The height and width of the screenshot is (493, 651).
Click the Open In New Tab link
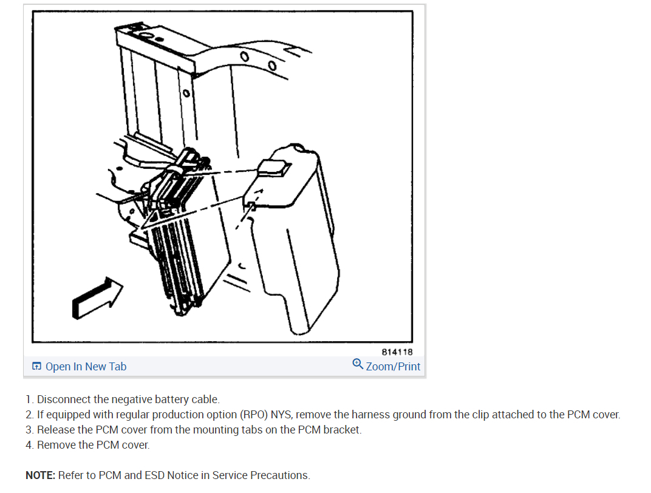[86, 367]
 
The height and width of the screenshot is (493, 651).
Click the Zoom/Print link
[393, 367]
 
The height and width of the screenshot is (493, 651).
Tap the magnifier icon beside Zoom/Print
[358, 364]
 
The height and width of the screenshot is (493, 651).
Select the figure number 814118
[397, 352]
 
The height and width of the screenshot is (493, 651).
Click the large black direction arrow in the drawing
[98, 298]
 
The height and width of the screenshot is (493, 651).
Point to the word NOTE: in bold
[40, 475]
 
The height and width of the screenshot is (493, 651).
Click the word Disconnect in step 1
[64, 399]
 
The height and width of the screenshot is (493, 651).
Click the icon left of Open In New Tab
[36, 366]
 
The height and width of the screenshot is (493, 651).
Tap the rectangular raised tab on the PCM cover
[274, 168]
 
